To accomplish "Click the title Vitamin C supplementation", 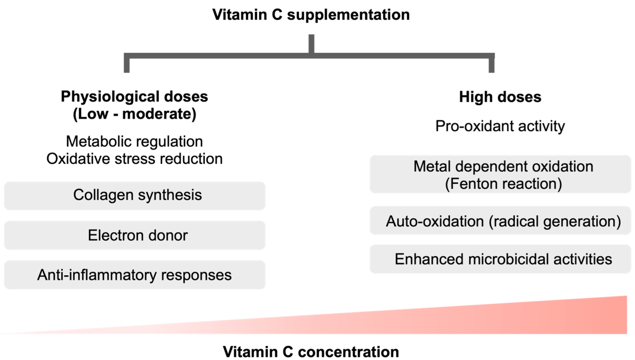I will point(311,15).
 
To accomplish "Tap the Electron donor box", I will point(135,235).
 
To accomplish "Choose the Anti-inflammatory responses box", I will point(135,275).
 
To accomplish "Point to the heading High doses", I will point(500,97).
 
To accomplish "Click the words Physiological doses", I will point(134,97).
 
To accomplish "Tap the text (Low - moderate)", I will point(134,114).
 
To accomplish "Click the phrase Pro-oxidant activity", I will point(500,126).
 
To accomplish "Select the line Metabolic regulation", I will point(134,141).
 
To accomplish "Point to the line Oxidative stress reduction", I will point(134,159).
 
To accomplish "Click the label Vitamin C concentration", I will point(311,352).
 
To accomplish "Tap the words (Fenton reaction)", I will point(503,184).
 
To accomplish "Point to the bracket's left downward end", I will point(126,66).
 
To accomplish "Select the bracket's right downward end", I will point(491,66).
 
